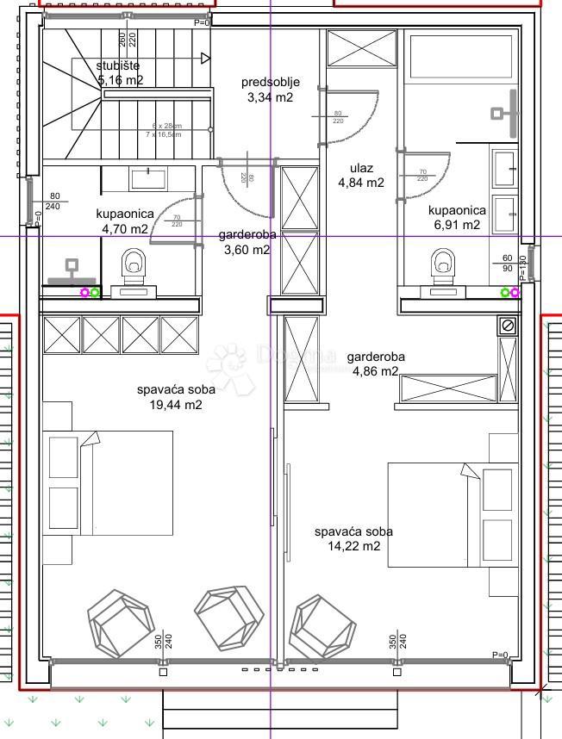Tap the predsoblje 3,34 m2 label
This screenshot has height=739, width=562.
coord(270,90)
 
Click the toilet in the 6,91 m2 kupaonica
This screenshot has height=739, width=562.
coord(443,263)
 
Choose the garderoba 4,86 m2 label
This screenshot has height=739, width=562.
coord(375,363)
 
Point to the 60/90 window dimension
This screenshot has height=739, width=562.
coord(508,264)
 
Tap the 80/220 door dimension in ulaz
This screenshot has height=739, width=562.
coord(338,117)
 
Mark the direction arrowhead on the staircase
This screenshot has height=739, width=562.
coord(205,59)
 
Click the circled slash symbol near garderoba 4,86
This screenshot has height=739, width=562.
coord(507,326)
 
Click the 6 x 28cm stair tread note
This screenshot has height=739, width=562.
coord(167,126)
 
